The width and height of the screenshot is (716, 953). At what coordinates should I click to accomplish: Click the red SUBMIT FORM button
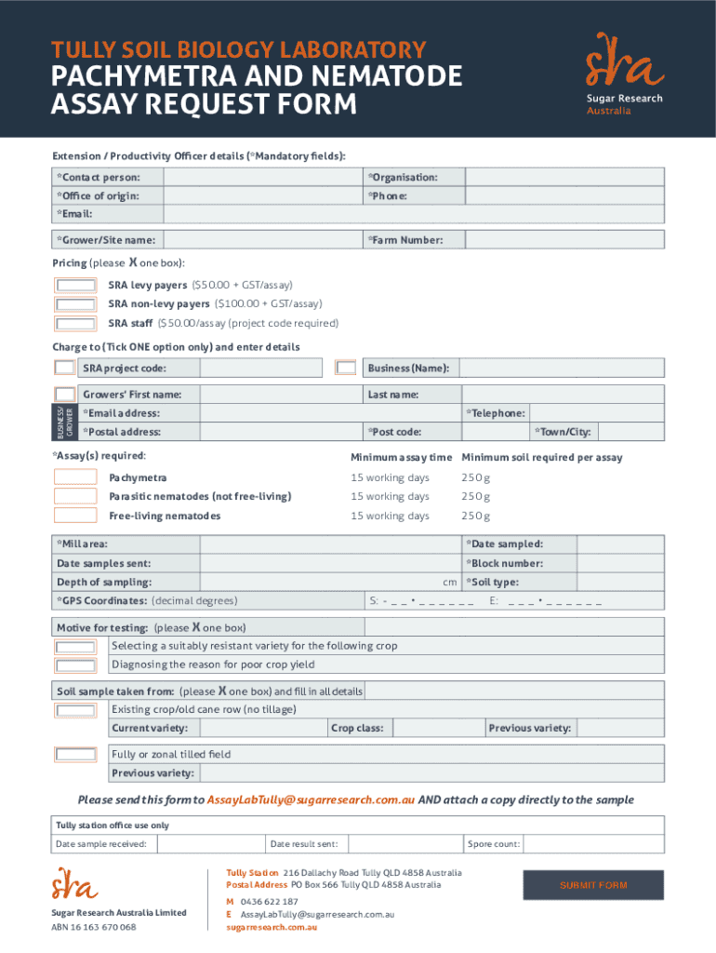[593, 885]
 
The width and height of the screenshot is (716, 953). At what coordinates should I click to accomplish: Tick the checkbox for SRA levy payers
[75, 285]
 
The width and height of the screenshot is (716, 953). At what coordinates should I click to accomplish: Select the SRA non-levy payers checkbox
[75, 304]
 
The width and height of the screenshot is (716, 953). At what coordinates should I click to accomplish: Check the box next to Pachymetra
[75, 477]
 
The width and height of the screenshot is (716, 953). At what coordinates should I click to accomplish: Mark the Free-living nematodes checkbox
[75, 516]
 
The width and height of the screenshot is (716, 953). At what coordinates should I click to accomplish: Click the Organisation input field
[564, 177]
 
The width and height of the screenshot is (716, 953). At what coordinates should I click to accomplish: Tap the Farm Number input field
[564, 240]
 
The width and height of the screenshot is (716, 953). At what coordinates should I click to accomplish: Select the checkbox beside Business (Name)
[346, 368]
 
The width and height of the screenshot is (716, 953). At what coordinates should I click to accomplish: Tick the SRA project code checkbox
[64, 368]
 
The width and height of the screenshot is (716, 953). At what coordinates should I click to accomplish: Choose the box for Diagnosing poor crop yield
[75, 664]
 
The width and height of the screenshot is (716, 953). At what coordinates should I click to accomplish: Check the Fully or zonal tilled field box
[75, 754]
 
